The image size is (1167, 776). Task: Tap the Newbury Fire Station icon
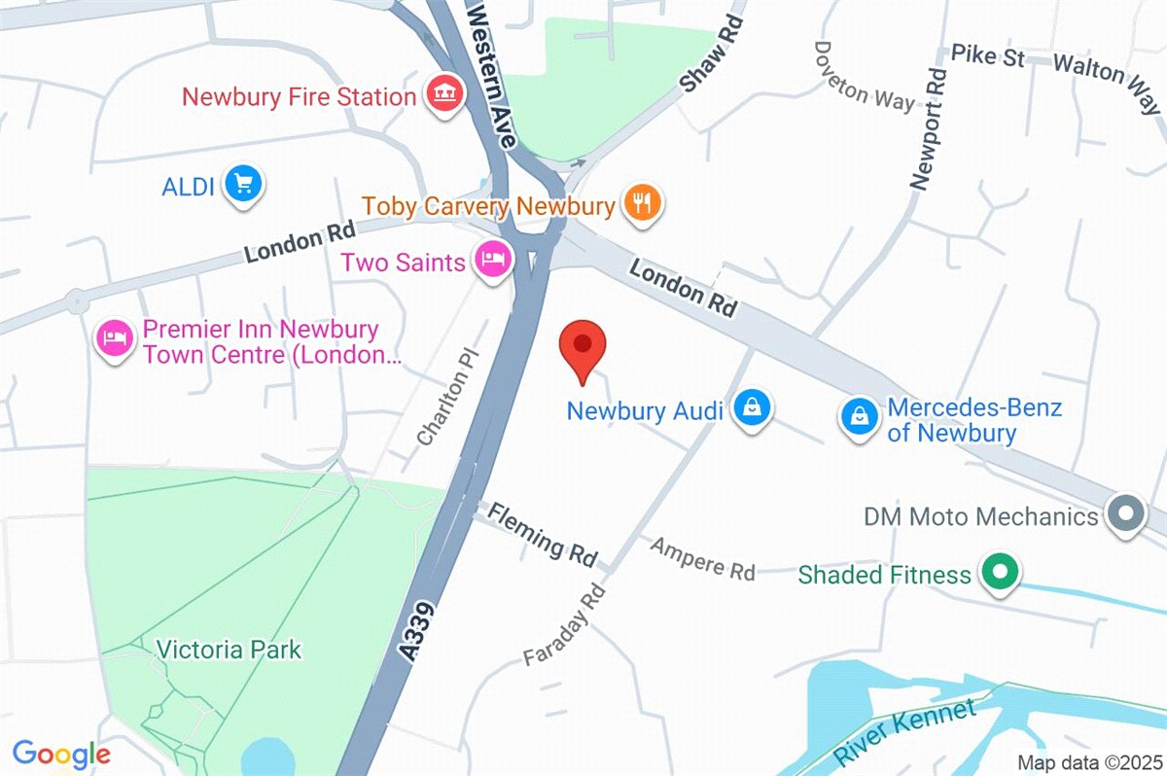pos(445,95)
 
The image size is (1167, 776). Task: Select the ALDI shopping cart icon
pos(242,183)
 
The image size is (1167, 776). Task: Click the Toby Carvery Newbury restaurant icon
pos(641,204)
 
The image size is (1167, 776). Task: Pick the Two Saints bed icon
pos(493,260)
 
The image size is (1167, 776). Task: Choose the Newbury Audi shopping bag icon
pos(752,408)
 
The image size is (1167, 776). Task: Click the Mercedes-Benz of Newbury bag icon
pos(860,417)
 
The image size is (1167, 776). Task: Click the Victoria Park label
pos(230,649)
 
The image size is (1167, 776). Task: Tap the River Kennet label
pos(905,730)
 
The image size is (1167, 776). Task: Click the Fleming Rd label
pos(542,534)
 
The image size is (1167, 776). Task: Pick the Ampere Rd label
pos(703,558)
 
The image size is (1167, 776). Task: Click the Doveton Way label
pos(865,76)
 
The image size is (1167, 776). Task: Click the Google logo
pos(61,753)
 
